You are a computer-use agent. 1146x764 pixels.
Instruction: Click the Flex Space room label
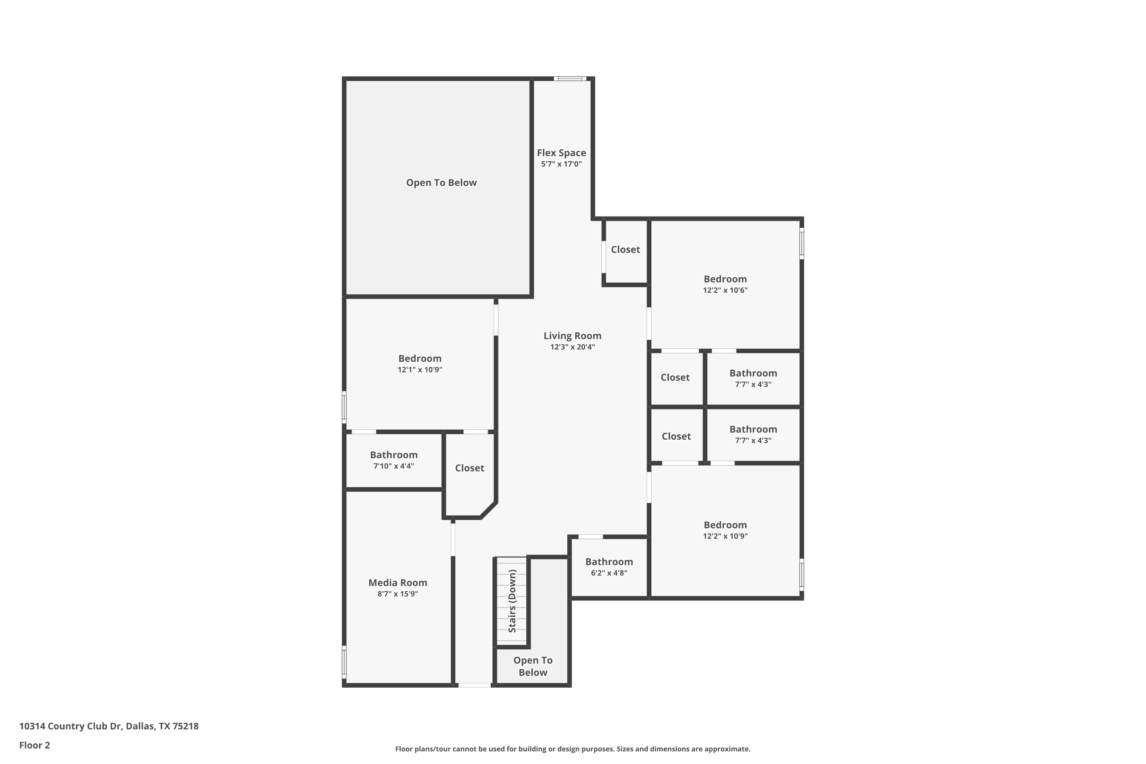(x=561, y=153)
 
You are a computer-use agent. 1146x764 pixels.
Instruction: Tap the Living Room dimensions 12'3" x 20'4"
(x=573, y=347)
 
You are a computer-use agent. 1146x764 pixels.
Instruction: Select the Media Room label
(x=398, y=583)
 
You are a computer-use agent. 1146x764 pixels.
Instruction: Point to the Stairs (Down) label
(x=512, y=601)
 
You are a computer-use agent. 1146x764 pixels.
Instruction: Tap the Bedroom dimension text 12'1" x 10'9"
(x=420, y=370)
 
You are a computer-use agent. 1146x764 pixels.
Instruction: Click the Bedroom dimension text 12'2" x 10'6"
(x=725, y=290)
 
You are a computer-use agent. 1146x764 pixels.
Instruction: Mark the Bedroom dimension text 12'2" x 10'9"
(x=725, y=536)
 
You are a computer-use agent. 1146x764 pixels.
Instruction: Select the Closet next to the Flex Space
(x=626, y=249)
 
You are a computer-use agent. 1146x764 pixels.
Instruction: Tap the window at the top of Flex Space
(x=570, y=78)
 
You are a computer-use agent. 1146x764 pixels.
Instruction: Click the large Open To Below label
(x=442, y=183)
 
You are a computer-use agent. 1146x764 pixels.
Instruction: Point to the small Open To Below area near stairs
(x=533, y=666)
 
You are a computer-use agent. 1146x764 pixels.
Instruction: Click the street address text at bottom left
(x=108, y=726)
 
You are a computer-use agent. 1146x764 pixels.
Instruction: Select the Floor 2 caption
(x=35, y=745)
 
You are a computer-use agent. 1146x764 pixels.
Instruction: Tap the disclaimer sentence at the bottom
(x=573, y=749)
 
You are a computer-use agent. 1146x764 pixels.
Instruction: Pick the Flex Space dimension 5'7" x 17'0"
(x=561, y=164)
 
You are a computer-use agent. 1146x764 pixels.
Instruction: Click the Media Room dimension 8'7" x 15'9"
(x=398, y=594)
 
